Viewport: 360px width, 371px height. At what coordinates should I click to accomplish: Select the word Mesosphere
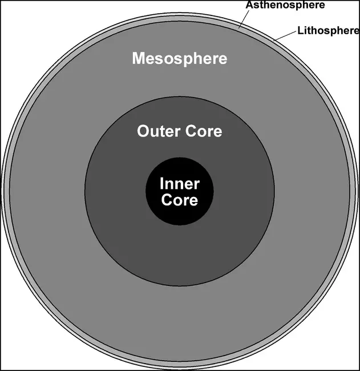180,58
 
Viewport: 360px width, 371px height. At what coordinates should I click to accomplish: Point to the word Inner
179,184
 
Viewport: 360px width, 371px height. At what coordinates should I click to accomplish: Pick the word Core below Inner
179,200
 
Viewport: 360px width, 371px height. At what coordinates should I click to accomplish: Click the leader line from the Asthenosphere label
242,19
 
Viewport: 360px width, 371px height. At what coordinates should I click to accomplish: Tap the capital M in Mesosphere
139,58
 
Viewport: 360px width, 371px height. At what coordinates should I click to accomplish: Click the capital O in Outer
144,132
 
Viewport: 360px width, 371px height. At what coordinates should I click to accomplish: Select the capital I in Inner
161,184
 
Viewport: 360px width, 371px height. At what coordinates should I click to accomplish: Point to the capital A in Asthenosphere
249,5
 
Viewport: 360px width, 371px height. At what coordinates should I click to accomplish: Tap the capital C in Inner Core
166,200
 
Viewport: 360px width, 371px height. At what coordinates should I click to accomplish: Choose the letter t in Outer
162,132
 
